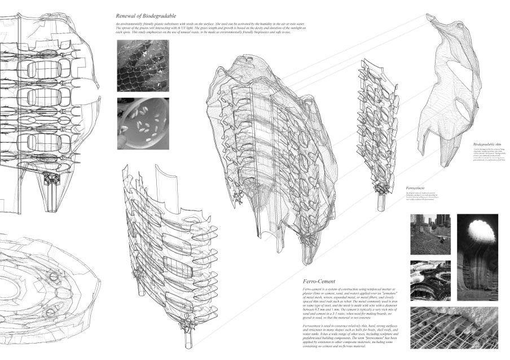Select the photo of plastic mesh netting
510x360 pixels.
(142, 66)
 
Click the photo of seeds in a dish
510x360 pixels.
(142, 123)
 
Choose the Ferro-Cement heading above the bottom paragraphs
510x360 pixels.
(319, 281)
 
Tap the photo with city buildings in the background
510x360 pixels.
(430, 234)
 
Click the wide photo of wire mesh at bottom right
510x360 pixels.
(454, 327)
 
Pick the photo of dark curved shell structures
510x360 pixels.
(430, 280)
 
